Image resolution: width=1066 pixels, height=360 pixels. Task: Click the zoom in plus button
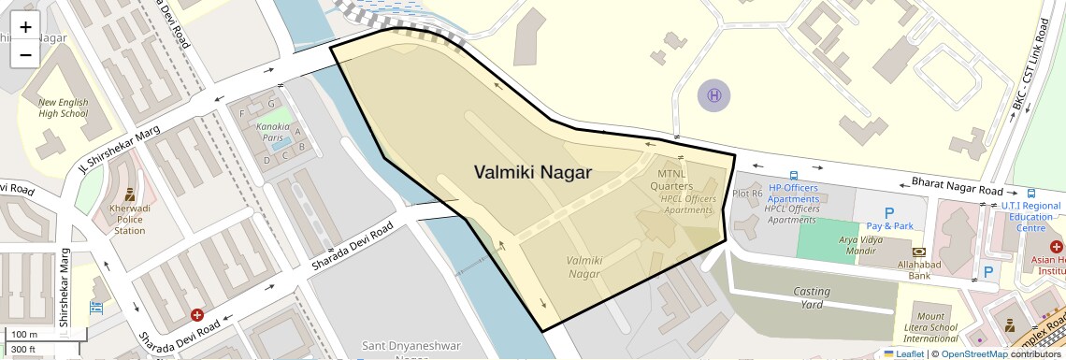click(x=25, y=27)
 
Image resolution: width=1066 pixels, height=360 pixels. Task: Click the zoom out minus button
click(x=25, y=54)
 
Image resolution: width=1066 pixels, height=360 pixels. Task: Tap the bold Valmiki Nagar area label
click(x=533, y=171)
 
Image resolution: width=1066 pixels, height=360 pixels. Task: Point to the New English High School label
click(x=63, y=108)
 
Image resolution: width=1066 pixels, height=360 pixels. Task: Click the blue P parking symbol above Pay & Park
click(x=889, y=212)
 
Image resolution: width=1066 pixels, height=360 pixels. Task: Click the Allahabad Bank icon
click(x=919, y=252)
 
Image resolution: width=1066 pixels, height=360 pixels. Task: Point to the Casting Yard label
click(x=812, y=297)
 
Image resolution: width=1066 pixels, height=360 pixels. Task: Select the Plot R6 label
click(x=747, y=194)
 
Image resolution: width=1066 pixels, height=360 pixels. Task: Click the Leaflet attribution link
click(x=903, y=353)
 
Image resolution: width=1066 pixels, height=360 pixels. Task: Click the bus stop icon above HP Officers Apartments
click(x=793, y=175)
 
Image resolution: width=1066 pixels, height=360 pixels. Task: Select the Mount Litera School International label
click(x=930, y=328)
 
